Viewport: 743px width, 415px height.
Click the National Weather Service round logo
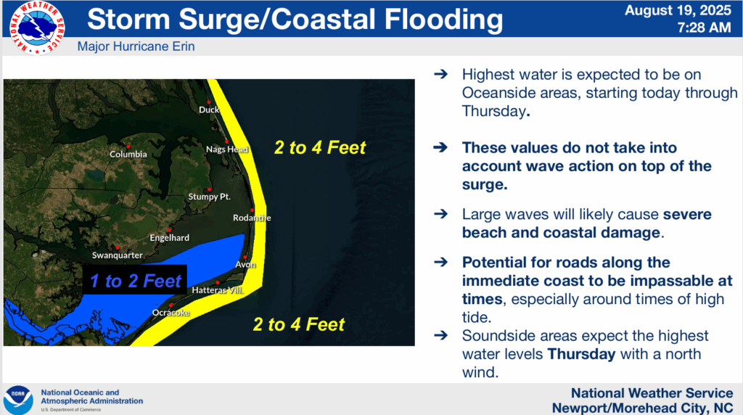tap(38, 28)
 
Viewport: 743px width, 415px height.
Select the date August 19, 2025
tap(678, 10)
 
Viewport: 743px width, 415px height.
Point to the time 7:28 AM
tap(704, 28)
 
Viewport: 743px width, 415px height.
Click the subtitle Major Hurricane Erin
tap(136, 46)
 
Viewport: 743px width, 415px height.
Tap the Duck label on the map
tap(209, 110)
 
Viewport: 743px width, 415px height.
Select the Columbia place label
tap(128, 154)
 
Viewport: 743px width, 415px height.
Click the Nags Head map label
tap(227, 149)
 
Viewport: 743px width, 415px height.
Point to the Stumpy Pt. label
tap(210, 197)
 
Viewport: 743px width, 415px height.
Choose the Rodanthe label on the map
tap(252, 218)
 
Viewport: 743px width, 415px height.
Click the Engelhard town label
tap(169, 238)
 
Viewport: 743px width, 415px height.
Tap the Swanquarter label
tap(117, 255)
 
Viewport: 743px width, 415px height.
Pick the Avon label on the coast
tap(245, 264)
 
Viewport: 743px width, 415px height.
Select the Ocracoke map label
tap(171, 313)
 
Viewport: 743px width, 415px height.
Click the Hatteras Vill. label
tap(218, 290)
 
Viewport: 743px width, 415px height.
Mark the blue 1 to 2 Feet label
tap(136, 281)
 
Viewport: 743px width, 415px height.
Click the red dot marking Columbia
tap(128, 147)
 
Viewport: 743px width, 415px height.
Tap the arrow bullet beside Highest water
tap(440, 74)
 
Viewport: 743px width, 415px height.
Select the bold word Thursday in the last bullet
tap(581, 354)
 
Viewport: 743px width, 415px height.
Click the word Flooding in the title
tap(443, 19)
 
